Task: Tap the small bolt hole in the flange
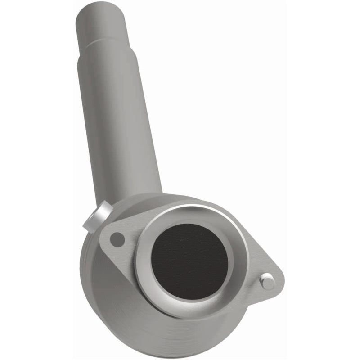(x=117, y=239)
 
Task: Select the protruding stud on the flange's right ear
(x=267, y=281)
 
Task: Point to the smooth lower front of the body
(x=135, y=324)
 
